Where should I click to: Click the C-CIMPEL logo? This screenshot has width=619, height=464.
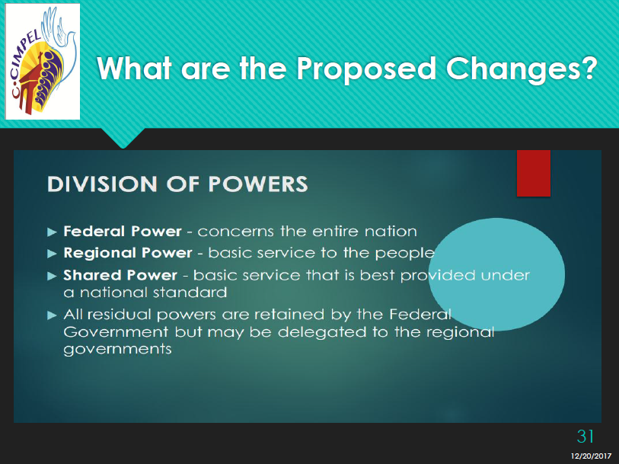pos(43,62)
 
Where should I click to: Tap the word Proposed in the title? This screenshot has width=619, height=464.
pos(366,69)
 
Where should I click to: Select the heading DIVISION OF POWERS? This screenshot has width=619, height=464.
pos(177,184)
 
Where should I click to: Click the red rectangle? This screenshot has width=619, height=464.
pos(533,173)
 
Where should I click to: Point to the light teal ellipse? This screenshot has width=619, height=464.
pos(496,274)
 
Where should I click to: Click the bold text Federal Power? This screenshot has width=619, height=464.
pos(123,231)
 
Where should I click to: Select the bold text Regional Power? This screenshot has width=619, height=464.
pos(127,253)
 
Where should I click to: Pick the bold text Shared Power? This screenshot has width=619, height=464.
pos(120,275)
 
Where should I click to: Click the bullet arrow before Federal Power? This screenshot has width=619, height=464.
pos(52,232)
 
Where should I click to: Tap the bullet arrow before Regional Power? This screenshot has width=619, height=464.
pos(52,254)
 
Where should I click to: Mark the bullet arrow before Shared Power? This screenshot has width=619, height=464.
pos(52,276)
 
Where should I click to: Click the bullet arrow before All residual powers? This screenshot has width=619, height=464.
pos(52,315)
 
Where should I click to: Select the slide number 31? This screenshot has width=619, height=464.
pos(585,437)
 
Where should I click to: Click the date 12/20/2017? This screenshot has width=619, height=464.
pos(591,456)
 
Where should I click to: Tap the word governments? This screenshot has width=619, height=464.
pos(118,349)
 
